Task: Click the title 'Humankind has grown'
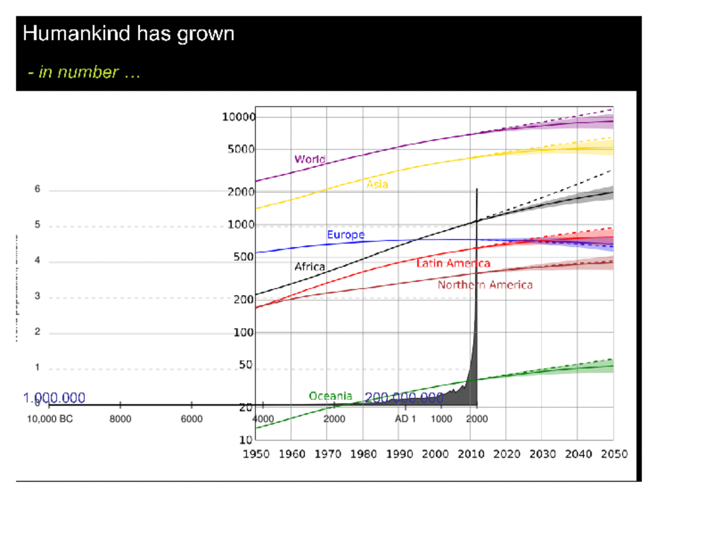pyautogui.click(x=129, y=34)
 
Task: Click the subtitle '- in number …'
pyautogui.click(x=84, y=72)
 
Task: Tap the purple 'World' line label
pyautogui.click(x=310, y=159)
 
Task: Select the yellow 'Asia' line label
pyautogui.click(x=377, y=185)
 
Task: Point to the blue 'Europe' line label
pyautogui.click(x=345, y=235)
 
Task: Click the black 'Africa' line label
pyautogui.click(x=309, y=266)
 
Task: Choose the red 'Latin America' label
pyautogui.click(x=453, y=263)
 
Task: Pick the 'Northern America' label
pyautogui.click(x=484, y=285)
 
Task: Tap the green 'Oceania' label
pyautogui.click(x=330, y=396)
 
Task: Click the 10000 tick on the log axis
pyautogui.click(x=238, y=117)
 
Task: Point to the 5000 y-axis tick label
pyautogui.click(x=241, y=149)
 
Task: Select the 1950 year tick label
pyautogui.click(x=256, y=454)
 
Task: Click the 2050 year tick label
pyautogui.click(x=614, y=454)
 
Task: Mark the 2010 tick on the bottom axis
pyautogui.click(x=471, y=454)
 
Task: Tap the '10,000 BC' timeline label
pyautogui.click(x=50, y=419)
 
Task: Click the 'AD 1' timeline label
pyautogui.click(x=405, y=419)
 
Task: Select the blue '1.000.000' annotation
pyautogui.click(x=54, y=397)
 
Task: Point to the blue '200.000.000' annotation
pyautogui.click(x=404, y=397)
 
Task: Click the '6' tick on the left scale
pyautogui.click(x=37, y=189)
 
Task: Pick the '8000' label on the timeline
pyautogui.click(x=120, y=419)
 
